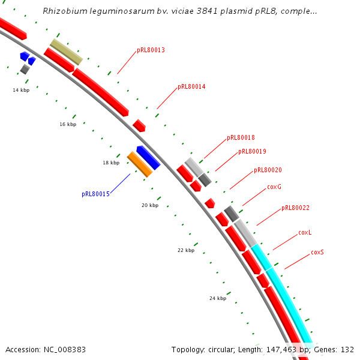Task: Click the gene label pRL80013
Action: [x=151, y=50]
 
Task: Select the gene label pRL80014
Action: [x=191, y=87]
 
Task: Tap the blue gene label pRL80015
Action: [x=95, y=194]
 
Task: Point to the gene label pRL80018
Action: [x=241, y=138]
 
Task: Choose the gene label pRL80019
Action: [x=252, y=152]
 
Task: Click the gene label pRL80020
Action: [x=268, y=171]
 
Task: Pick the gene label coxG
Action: [x=274, y=187]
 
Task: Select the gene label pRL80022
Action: [x=295, y=208]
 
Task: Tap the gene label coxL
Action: [x=305, y=233]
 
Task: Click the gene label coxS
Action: [x=317, y=253]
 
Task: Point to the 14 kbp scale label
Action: [x=21, y=90]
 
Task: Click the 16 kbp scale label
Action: [x=68, y=125]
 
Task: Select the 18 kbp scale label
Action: [x=111, y=163]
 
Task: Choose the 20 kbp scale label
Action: [x=150, y=205]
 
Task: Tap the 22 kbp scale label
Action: [x=186, y=250]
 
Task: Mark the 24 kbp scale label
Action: [x=218, y=298]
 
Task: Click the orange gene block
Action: [x=140, y=164]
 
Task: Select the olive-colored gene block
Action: [x=66, y=52]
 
